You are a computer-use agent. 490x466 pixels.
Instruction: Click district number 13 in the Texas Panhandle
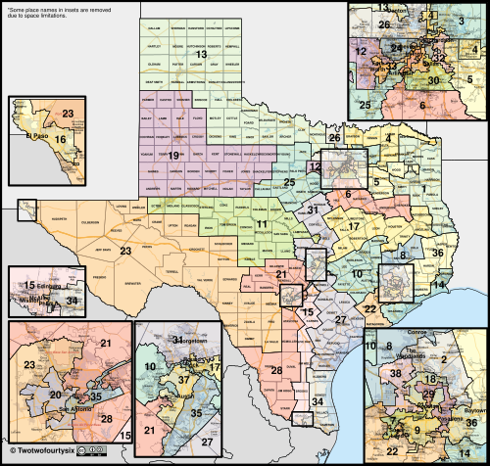(201, 54)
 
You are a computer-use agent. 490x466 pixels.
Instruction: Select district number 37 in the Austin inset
(183, 379)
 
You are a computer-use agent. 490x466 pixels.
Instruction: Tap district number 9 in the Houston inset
(415, 429)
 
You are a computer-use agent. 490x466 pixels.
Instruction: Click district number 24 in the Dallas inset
(396, 47)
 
